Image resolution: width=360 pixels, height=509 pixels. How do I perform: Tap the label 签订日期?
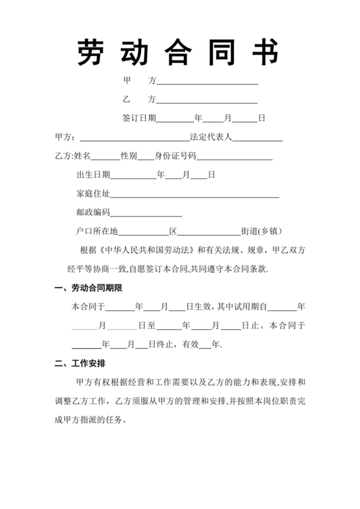[x=139, y=119]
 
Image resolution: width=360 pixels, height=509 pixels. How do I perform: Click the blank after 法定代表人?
[x=261, y=138]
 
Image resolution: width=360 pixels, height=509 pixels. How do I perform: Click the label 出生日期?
[x=93, y=175]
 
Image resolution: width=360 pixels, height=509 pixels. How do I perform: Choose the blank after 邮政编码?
[x=147, y=213]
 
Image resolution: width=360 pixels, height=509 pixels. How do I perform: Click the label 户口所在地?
[x=97, y=231]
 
